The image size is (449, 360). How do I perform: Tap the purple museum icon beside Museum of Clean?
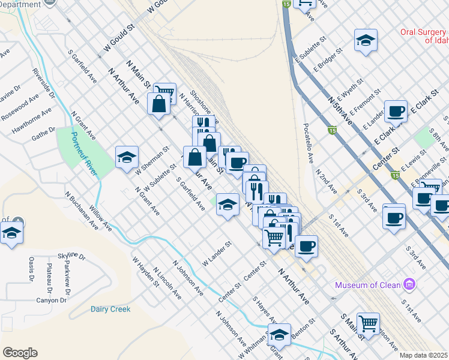[410, 283]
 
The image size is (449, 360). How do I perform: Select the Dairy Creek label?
[110, 310]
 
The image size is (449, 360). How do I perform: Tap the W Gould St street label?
[121, 38]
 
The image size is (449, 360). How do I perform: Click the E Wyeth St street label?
[351, 89]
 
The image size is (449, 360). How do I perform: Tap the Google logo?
[20, 353]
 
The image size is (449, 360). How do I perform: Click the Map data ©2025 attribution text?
[423, 355]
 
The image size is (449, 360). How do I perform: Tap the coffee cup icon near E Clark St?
[396, 111]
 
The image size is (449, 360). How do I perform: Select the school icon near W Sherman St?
[127, 158]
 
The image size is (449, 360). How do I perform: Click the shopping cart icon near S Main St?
[368, 323]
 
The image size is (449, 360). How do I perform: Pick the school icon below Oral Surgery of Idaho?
[365, 40]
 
